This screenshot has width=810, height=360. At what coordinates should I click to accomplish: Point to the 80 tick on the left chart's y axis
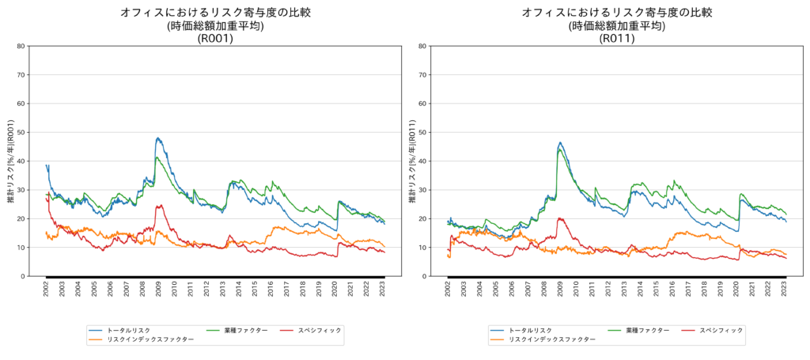(x=21, y=46)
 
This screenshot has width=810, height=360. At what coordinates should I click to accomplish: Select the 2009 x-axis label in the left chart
(x=159, y=290)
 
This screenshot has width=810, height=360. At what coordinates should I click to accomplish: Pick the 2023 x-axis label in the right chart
(x=785, y=290)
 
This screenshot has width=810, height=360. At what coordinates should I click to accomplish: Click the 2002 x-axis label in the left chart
(x=47, y=290)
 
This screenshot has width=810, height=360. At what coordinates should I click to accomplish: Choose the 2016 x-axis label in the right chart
(x=672, y=290)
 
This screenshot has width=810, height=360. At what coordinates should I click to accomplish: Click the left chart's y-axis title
(x=10, y=161)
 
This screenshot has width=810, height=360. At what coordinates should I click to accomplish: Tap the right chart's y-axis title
(x=411, y=161)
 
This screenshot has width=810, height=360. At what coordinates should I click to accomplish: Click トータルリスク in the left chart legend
(x=131, y=330)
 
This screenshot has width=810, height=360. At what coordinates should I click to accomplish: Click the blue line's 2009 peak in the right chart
(x=560, y=143)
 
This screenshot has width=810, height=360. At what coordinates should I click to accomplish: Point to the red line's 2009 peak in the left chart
(x=160, y=206)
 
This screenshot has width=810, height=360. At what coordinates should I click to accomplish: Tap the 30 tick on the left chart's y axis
(x=21, y=190)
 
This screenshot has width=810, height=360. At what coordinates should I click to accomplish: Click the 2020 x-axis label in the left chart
(x=335, y=290)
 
